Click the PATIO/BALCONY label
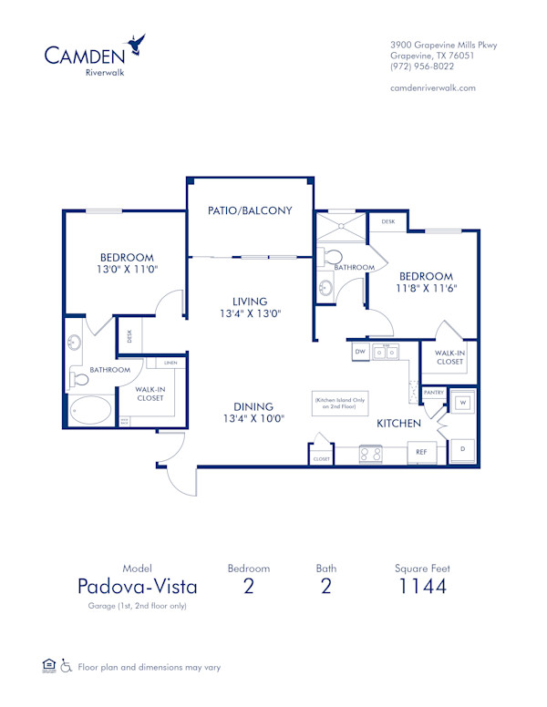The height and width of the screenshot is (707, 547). (x=250, y=210)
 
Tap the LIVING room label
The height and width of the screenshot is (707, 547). (x=250, y=301)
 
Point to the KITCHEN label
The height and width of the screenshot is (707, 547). (x=399, y=423)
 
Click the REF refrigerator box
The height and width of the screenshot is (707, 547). (x=422, y=451)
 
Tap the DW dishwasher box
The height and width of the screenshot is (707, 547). (x=360, y=351)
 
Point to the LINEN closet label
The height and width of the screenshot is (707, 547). (x=170, y=364)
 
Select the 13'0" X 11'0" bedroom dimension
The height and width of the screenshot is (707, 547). (x=127, y=271)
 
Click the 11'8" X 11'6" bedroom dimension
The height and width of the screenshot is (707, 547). (x=427, y=289)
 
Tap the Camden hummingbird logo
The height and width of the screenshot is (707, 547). (x=138, y=43)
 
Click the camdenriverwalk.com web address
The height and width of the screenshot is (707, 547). (x=432, y=87)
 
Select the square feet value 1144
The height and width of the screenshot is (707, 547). (x=423, y=586)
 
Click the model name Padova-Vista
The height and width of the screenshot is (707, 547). (x=137, y=586)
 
